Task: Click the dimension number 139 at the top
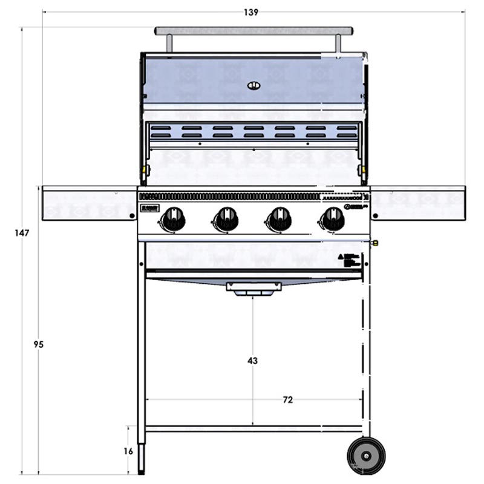click(x=251, y=12)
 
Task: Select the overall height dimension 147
click(x=22, y=233)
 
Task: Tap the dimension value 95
click(x=38, y=344)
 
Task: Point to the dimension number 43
click(x=252, y=361)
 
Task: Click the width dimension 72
click(x=288, y=400)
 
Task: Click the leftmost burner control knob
click(x=174, y=218)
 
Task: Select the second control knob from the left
click(x=227, y=218)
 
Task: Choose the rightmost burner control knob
click(x=332, y=218)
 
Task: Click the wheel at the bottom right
click(x=366, y=455)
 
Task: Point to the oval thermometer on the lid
click(x=254, y=85)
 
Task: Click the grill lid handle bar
click(x=253, y=30)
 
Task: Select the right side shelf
click(x=417, y=203)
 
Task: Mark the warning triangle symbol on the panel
click(x=341, y=257)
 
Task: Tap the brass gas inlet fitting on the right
click(x=375, y=243)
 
